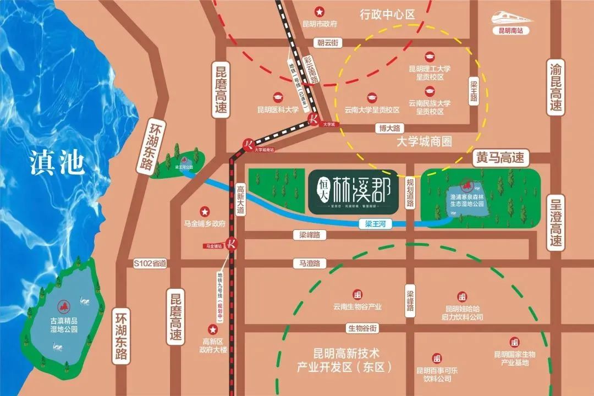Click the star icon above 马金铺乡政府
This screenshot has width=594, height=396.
205,211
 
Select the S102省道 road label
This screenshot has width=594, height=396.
150,263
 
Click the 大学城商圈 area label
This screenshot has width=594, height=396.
424,142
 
